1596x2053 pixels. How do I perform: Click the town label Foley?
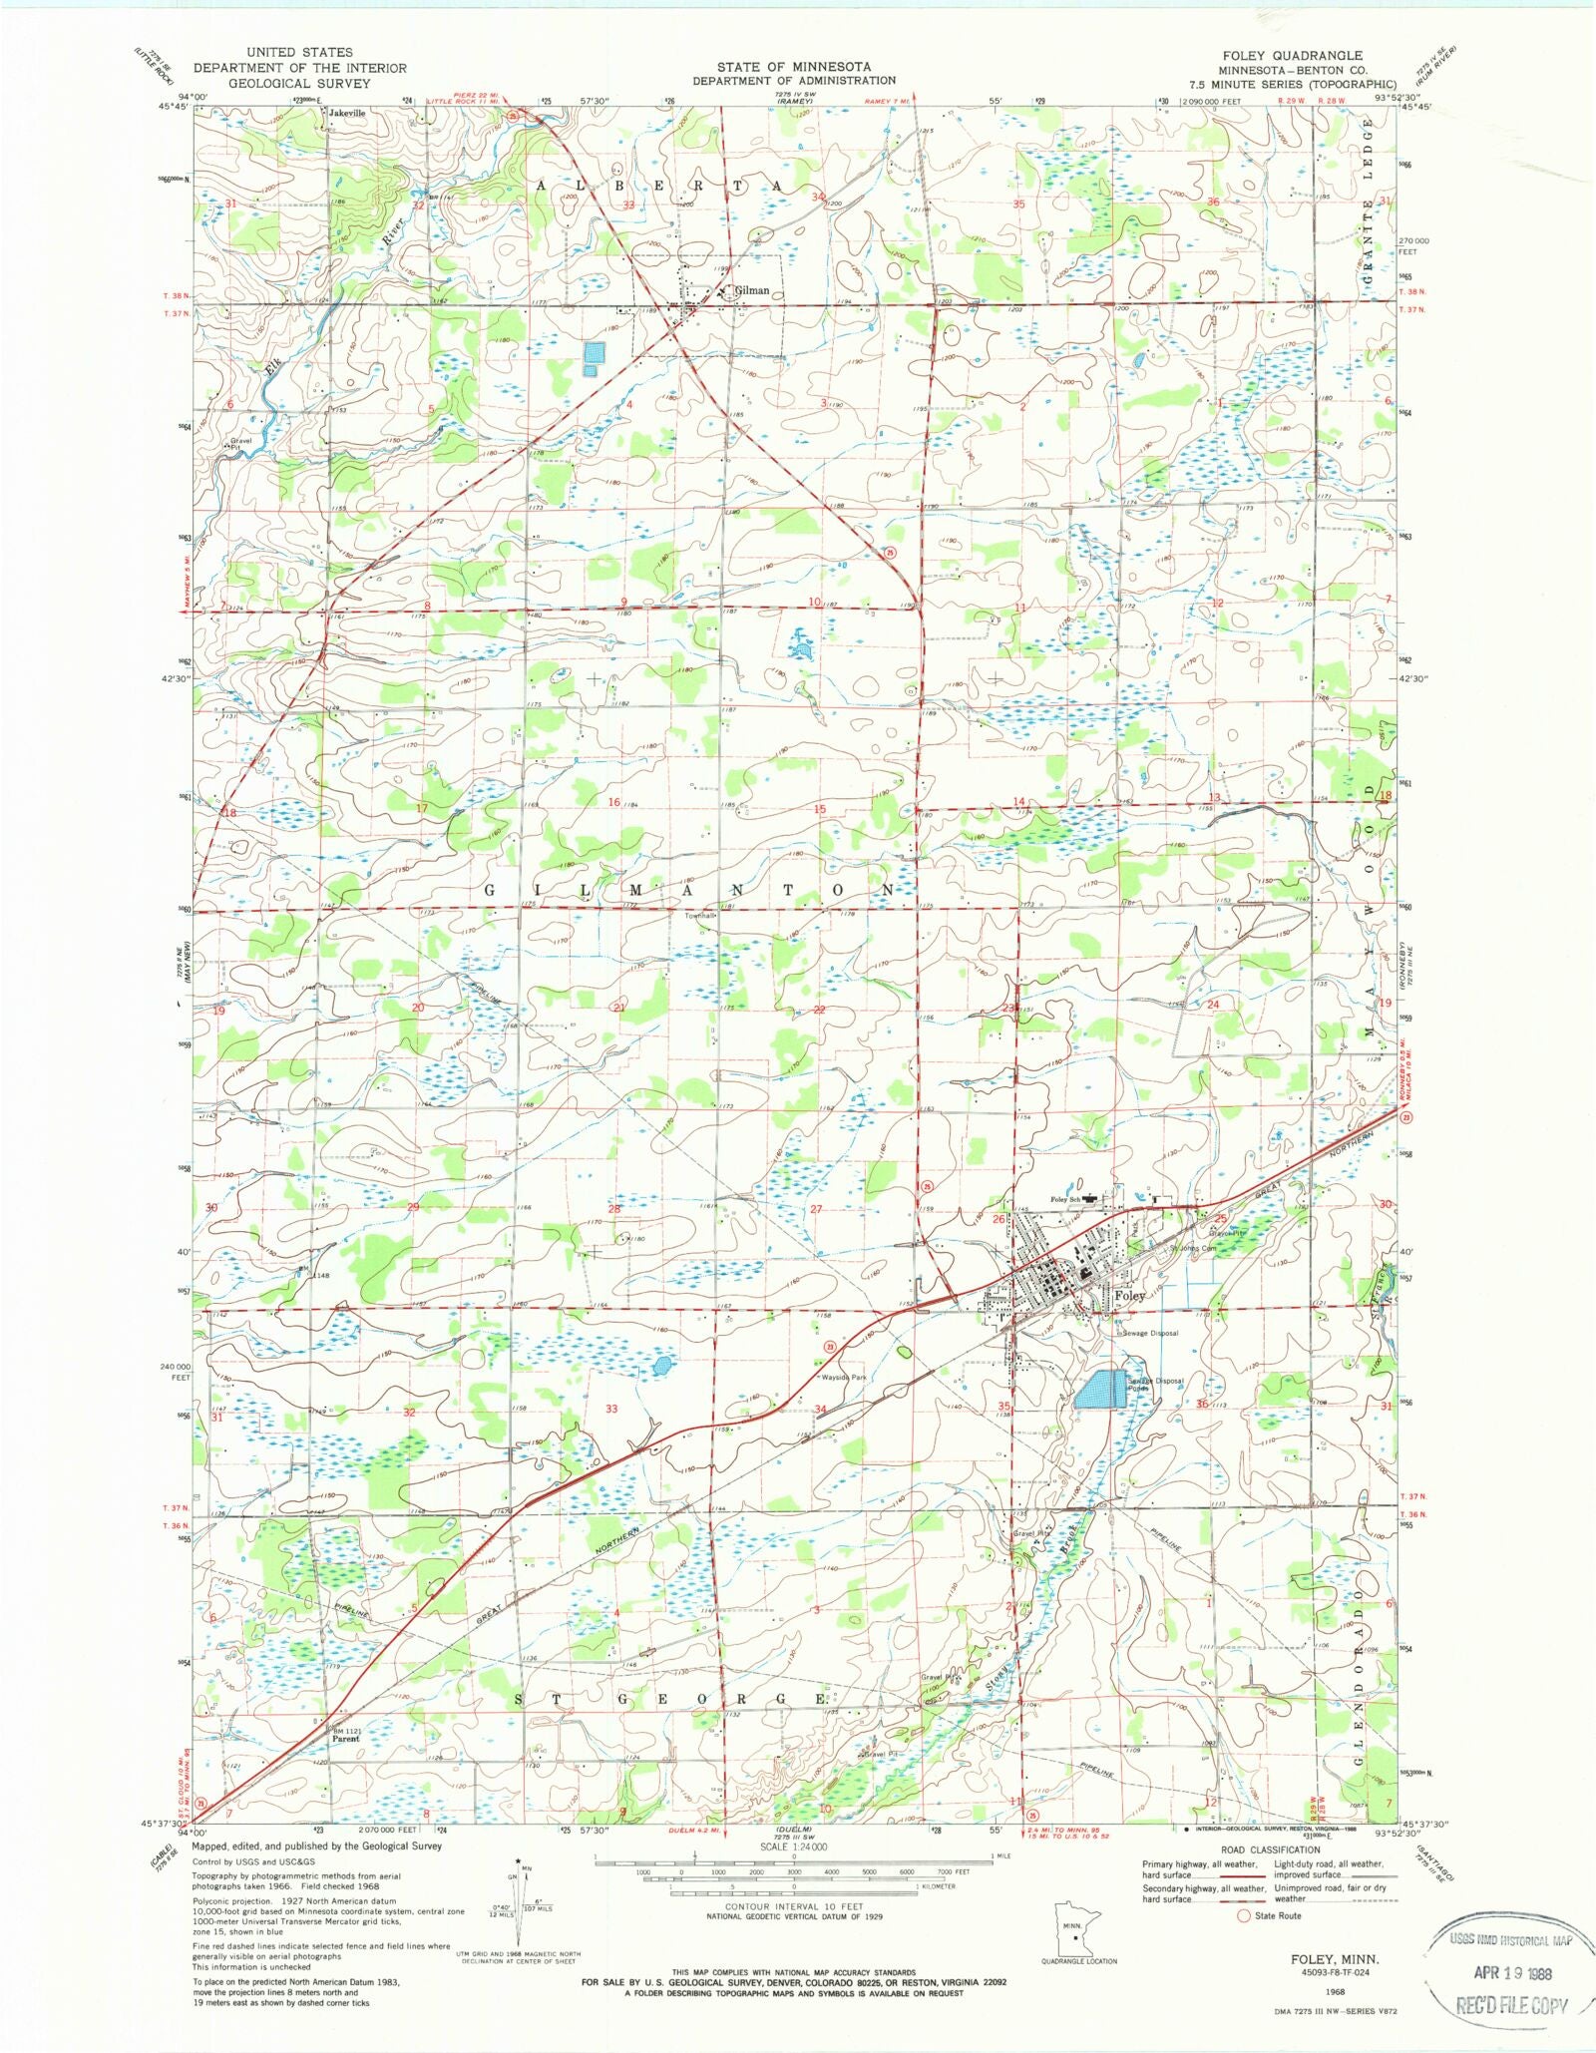1130,1296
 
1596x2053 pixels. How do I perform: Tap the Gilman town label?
752,291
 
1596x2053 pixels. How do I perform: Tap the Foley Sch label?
1066,1199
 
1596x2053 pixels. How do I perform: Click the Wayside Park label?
844,1378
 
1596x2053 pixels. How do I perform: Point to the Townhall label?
700,916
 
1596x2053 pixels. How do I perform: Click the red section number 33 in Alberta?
628,205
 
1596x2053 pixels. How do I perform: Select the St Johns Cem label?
1193,1248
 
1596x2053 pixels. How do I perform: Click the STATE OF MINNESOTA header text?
793,67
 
